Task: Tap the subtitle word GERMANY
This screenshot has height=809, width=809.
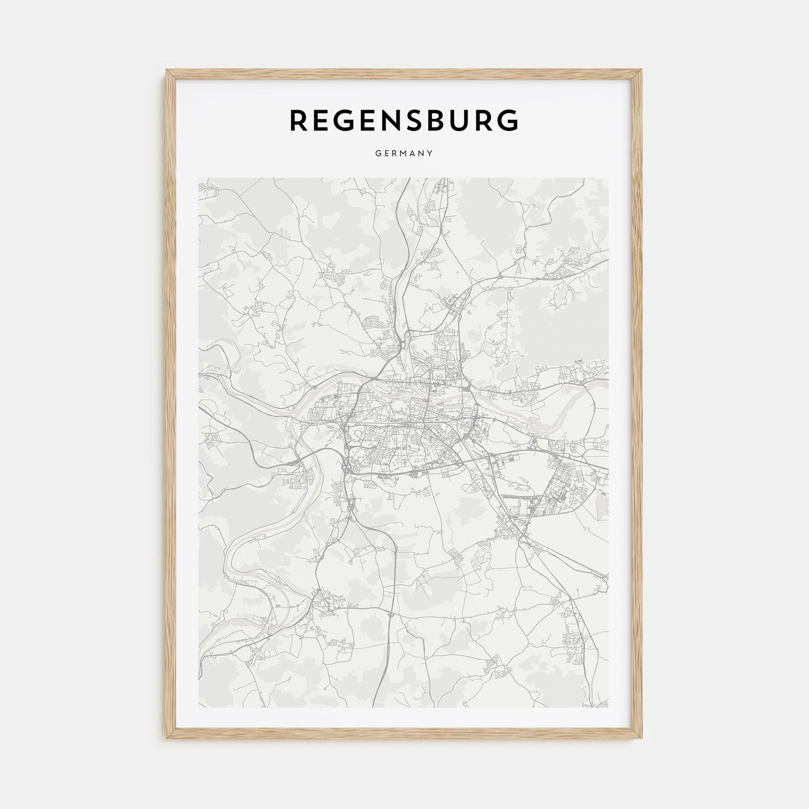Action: click(404, 154)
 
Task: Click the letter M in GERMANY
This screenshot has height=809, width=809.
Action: click(404, 154)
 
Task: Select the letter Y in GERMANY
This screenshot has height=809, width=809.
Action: click(430, 154)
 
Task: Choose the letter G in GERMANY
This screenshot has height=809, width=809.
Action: click(378, 154)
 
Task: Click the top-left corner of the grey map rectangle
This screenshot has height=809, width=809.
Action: click(199, 178)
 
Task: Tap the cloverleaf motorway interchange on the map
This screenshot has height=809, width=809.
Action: click(347, 465)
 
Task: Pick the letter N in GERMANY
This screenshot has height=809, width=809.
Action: click(421, 154)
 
